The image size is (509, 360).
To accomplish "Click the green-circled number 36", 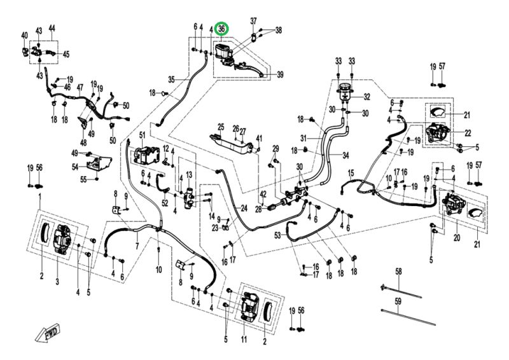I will point(222,29).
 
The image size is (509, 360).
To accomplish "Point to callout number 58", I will point(399,272).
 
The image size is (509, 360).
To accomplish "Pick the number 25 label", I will point(221,127).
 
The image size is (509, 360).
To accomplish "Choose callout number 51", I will point(143,135).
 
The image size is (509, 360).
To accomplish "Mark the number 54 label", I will point(76,167).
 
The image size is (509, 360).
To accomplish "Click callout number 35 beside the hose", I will point(171,80).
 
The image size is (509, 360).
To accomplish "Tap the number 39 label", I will point(281,75).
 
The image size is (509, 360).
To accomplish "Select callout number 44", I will point(52,28).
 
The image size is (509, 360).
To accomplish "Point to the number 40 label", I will point(24,34).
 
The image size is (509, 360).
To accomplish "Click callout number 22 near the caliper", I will point(467,133).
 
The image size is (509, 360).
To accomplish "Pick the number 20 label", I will point(456,238).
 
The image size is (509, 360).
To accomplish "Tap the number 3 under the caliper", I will point(58,274).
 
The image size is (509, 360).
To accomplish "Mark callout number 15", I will point(351,174).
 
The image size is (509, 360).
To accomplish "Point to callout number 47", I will point(80,87).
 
